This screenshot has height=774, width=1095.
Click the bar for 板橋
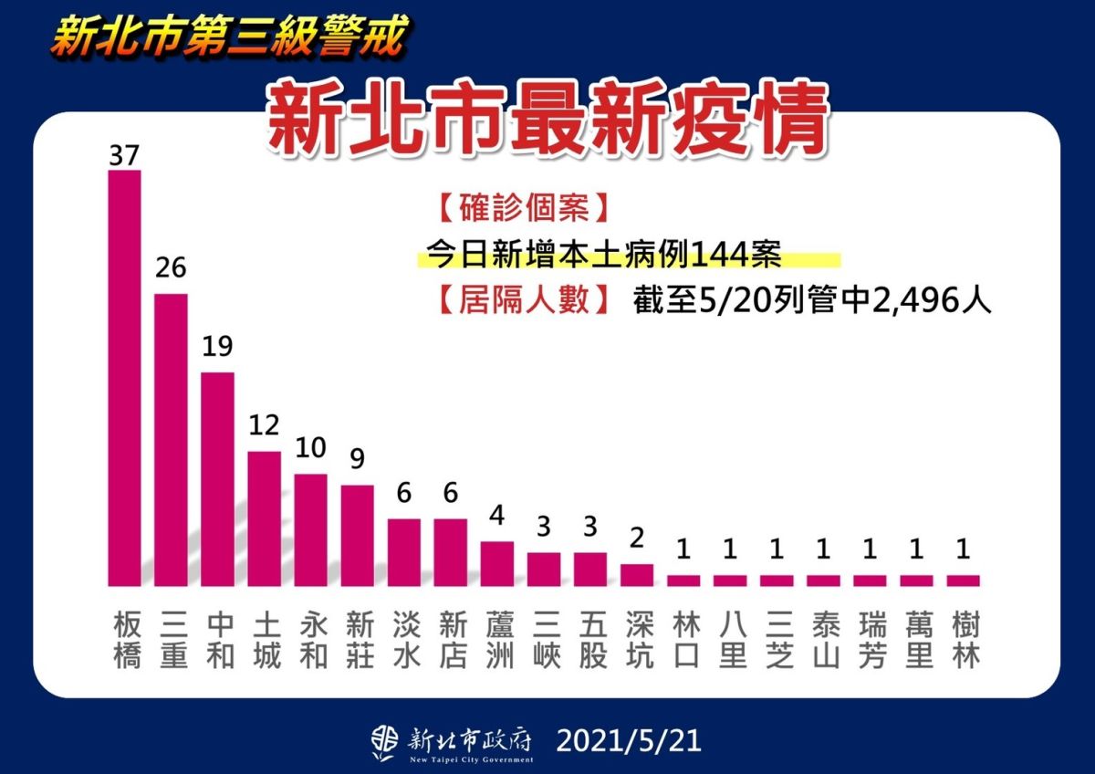[x=124, y=378]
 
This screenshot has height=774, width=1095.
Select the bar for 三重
[x=171, y=439]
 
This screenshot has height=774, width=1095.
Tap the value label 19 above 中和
[x=217, y=347]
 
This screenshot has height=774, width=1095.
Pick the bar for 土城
[x=264, y=518]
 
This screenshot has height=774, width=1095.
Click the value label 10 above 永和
[x=311, y=449]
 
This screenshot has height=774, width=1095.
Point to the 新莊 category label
[x=358, y=641]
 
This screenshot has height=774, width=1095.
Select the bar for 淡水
[x=404, y=552]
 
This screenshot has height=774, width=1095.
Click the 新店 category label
[x=451, y=641]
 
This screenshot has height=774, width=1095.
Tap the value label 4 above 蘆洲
[x=497, y=517]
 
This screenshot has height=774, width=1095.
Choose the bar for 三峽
[x=544, y=569]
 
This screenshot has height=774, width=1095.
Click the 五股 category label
[x=590, y=641]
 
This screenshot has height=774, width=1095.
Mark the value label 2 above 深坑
[x=637, y=539]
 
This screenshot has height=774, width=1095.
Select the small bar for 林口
[x=683, y=580]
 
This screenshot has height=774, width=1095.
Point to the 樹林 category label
[x=964, y=641]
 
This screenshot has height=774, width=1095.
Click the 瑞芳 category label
[x=871, y=641]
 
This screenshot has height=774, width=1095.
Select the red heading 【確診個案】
[x=521, y=208]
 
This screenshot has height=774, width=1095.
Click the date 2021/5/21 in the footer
[x=628, y=739]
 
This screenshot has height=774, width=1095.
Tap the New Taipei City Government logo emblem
[x=384, y=741]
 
